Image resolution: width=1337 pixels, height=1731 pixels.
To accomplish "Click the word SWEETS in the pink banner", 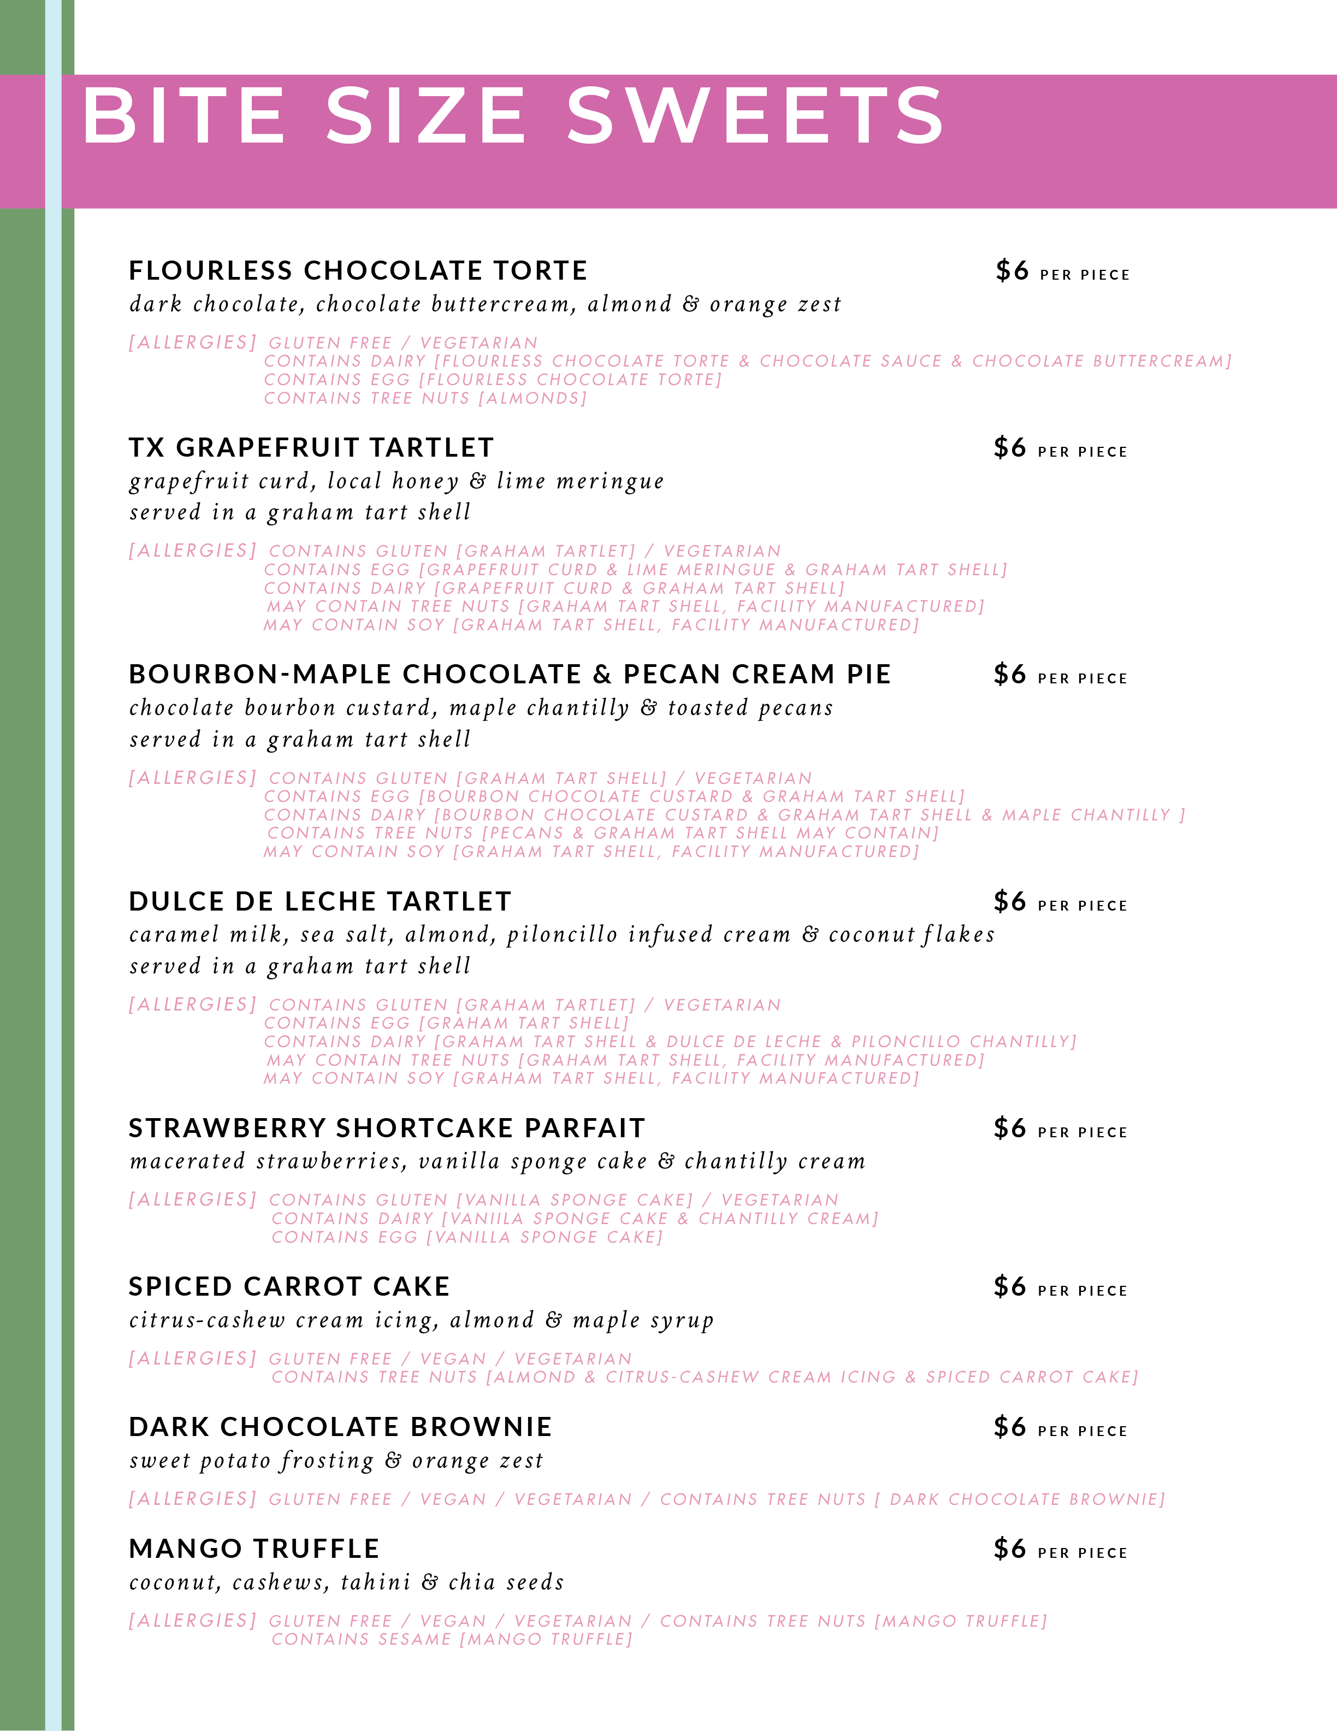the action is click(x=755, y=116).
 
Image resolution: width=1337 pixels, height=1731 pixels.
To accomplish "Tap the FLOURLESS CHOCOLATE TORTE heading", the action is click(x=358, y=270).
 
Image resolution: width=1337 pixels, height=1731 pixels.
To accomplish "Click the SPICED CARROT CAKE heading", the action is click(x=289, y=1286).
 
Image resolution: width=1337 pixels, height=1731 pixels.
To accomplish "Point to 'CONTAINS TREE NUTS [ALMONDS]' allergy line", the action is click(x=425, y=398).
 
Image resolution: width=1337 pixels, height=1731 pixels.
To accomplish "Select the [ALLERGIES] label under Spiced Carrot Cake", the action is click(x=193, y=1358).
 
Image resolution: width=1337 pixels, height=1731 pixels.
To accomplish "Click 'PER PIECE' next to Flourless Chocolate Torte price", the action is click(x=1085, y=275).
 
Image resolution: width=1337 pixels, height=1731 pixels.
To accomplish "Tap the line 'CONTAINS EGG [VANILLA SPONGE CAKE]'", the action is click(x=468, y=1237).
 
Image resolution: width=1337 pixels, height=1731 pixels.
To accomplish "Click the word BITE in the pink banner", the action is click(x=184, y=116).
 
